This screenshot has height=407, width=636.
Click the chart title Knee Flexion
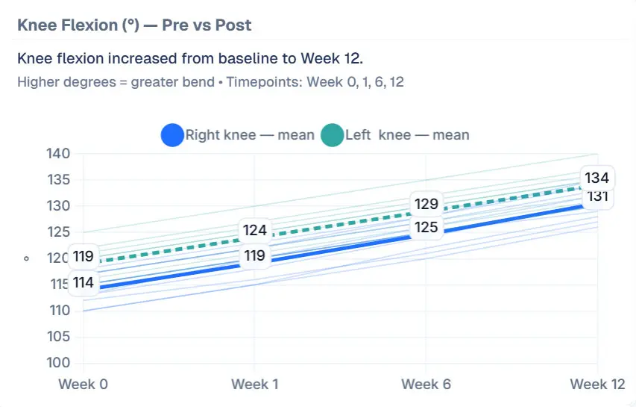coord(134,25)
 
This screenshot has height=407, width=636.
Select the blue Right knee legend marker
coord(172,135)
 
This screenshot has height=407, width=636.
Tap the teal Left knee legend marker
coord(332,135)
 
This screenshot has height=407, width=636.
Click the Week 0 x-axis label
coord(83,384)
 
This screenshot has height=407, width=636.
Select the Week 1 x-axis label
coord(254,384)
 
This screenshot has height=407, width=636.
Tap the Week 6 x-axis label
coord(426,384)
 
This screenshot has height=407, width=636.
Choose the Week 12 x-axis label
coord(597,384)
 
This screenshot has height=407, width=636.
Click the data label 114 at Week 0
coord(83,283)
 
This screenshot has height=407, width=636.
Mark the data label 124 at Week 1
coord(254,230)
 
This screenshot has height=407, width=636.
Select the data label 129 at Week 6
coord(426,204)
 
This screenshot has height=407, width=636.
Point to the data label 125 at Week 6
coord(426,226)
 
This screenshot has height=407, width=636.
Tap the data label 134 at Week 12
coord(596,178)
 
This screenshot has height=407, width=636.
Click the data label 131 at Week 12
coord(596,196)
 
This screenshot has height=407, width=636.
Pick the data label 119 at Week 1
coord(254,256)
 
